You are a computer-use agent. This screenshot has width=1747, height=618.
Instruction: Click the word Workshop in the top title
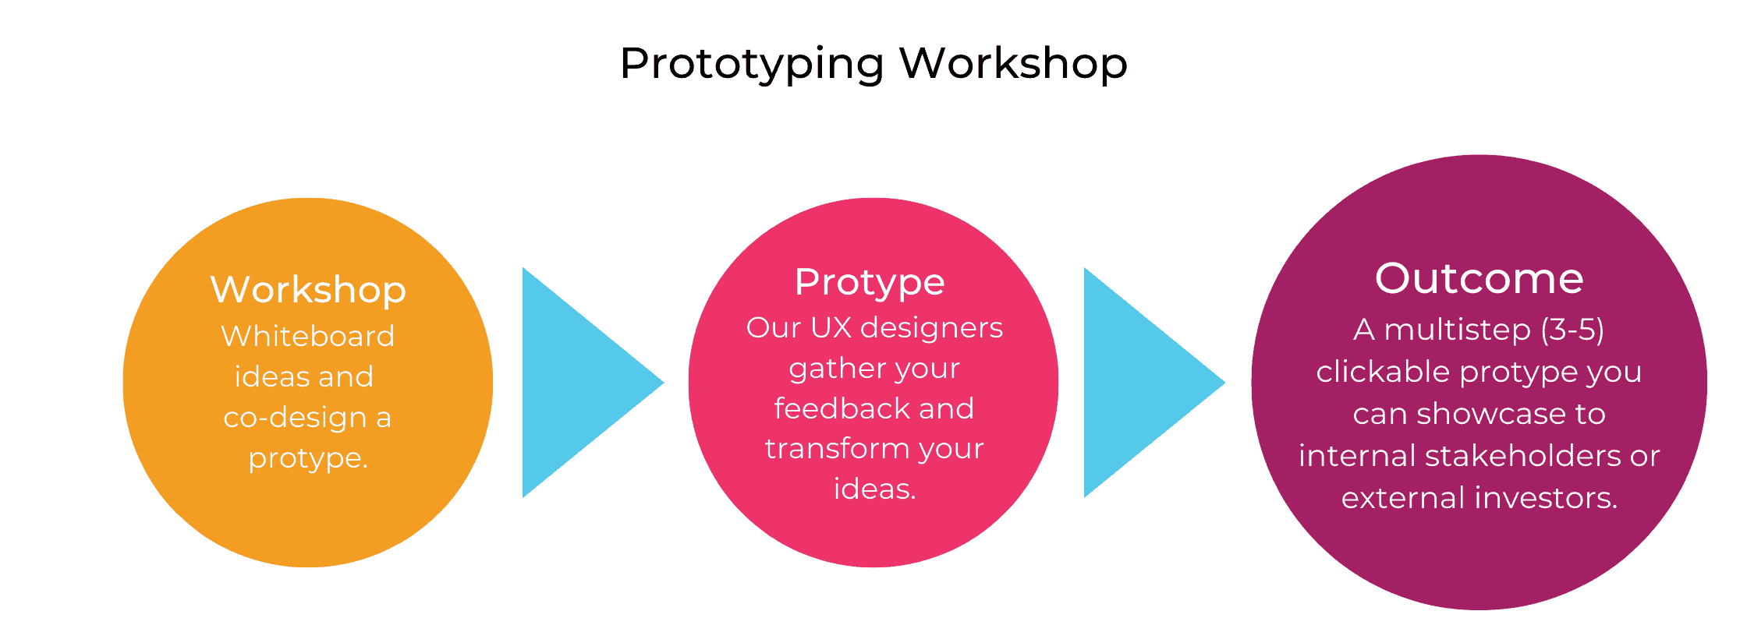click(1014, 62)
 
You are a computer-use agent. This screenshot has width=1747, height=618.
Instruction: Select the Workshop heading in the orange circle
click(308, 291)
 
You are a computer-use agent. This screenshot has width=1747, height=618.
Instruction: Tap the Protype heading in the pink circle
click(870, 283)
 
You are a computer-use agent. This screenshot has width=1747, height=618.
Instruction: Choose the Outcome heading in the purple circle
click(1479, 278)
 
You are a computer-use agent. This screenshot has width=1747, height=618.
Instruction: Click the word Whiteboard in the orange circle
click(308, 336)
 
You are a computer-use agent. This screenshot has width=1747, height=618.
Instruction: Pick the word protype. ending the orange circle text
click(308, 459)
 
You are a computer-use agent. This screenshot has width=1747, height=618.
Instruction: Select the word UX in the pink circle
click(831, 328)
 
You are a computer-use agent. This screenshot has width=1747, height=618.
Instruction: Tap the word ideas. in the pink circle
click(875, 489)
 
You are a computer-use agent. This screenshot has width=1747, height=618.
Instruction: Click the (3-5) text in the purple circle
click(1572, 330)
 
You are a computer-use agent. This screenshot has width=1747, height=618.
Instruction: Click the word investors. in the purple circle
click(1540, 498)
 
